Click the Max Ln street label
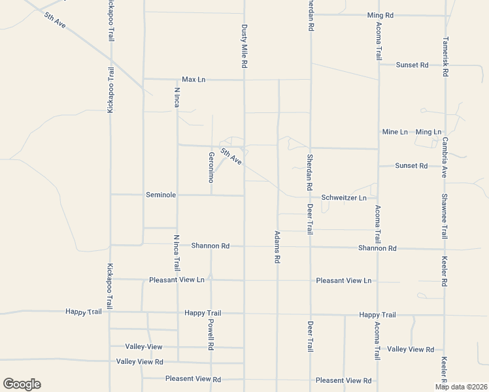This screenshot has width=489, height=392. (194, 79)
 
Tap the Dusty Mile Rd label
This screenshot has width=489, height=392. (244, 47)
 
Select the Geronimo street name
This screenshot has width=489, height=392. (211, 167)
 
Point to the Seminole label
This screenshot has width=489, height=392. (161, 195)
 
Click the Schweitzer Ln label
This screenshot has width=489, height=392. (344, 197)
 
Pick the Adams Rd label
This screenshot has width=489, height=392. (277, 246)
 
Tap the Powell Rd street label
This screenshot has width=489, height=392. (211, 333)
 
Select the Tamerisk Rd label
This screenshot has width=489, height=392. (445, 56)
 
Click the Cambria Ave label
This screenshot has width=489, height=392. (444, 157)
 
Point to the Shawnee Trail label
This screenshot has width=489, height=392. (444, 210)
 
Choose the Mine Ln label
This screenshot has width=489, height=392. (395, 132)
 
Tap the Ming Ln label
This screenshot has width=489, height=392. (428, 132)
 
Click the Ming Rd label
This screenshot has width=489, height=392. (380, 14)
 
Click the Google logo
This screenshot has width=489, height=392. (22, 384)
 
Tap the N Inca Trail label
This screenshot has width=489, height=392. (177, 253)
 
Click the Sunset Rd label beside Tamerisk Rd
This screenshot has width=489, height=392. (412, 65)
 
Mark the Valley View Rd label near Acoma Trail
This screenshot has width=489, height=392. (411, 349)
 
